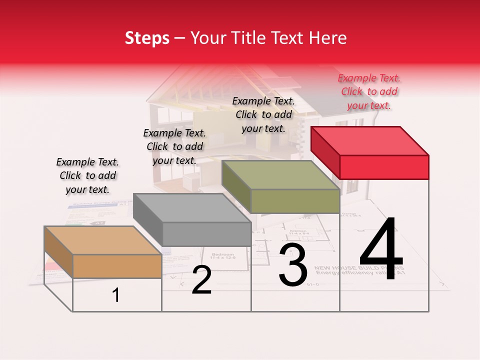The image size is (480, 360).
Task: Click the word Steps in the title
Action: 147,38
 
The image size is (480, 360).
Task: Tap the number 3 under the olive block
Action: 293,265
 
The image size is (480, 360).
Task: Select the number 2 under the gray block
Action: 201,280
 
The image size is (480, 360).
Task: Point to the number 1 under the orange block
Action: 116,295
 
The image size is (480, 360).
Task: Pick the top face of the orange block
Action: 103,240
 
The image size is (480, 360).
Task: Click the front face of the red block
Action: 384,167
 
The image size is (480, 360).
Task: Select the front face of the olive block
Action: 295,201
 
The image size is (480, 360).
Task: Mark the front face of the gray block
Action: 206,234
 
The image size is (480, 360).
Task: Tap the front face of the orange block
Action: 117,266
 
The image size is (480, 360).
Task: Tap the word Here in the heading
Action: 329,38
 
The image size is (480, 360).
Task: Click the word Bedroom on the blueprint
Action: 222,254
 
